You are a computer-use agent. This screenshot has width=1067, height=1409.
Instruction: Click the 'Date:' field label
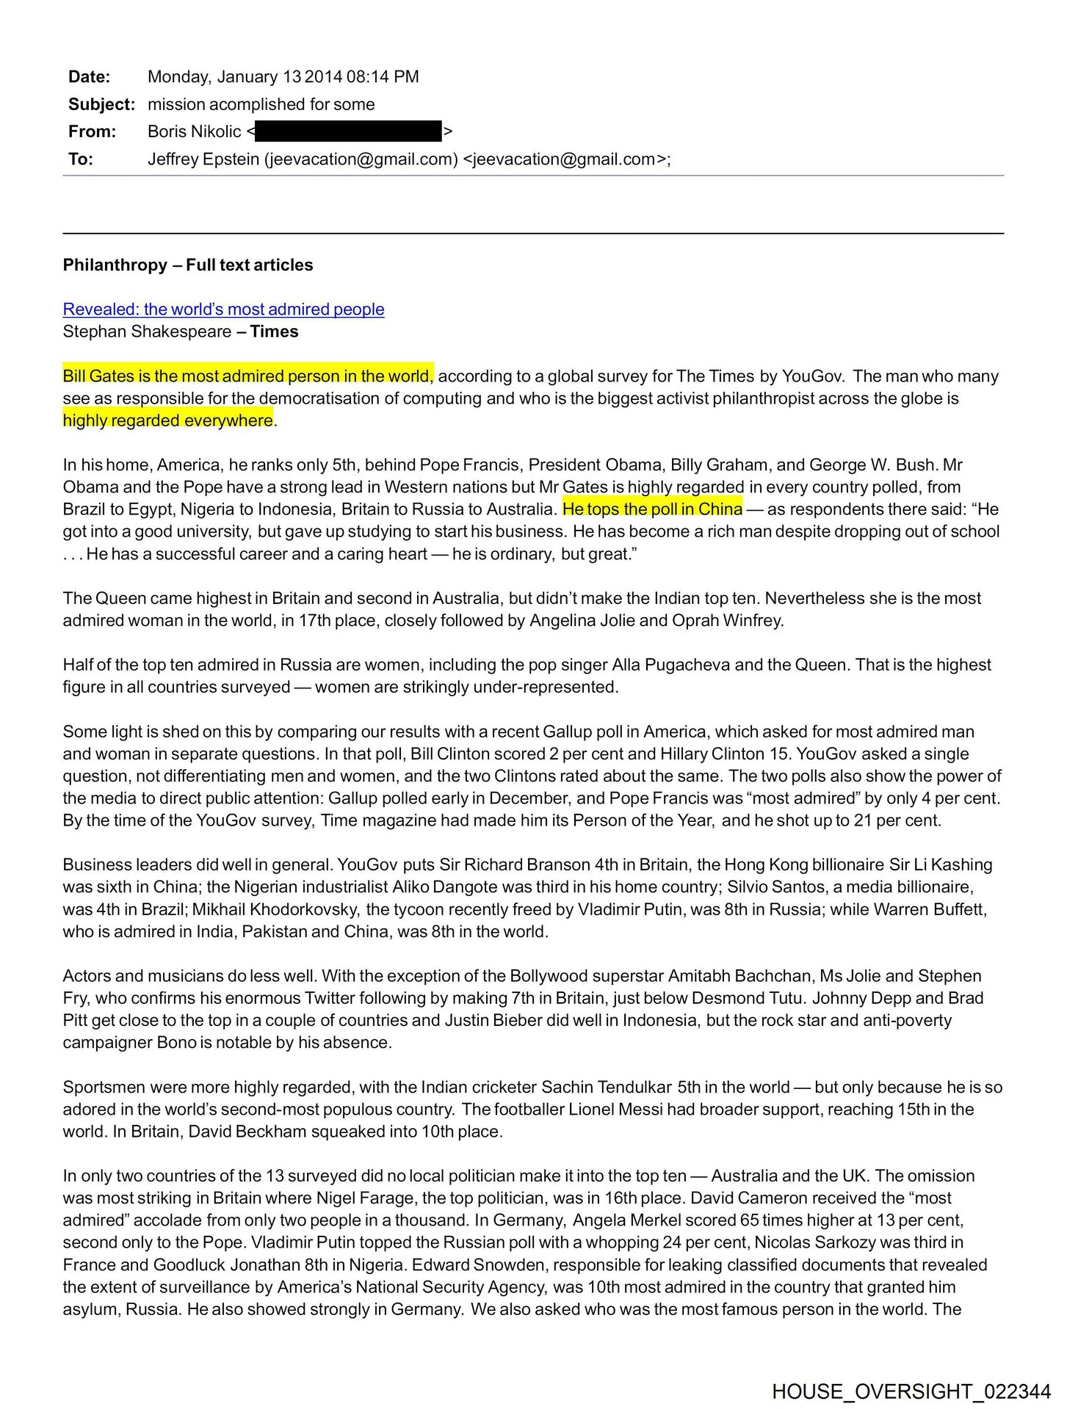(89, 77)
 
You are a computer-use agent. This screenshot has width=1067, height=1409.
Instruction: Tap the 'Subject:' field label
(101, 104)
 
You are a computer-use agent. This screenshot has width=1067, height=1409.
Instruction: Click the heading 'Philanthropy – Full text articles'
(188, 265)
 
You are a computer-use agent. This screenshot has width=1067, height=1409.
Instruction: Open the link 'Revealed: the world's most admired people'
(223, 309)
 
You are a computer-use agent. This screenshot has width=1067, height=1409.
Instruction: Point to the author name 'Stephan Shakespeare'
(147, 332)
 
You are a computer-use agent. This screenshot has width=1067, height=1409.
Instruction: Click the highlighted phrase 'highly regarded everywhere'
(168, 420)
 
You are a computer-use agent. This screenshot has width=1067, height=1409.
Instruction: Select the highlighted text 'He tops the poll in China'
(652, 509)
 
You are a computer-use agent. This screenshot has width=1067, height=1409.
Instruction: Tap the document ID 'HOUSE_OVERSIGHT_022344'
(911, 1391)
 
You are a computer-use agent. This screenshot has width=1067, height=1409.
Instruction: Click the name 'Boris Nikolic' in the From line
(194, 131)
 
